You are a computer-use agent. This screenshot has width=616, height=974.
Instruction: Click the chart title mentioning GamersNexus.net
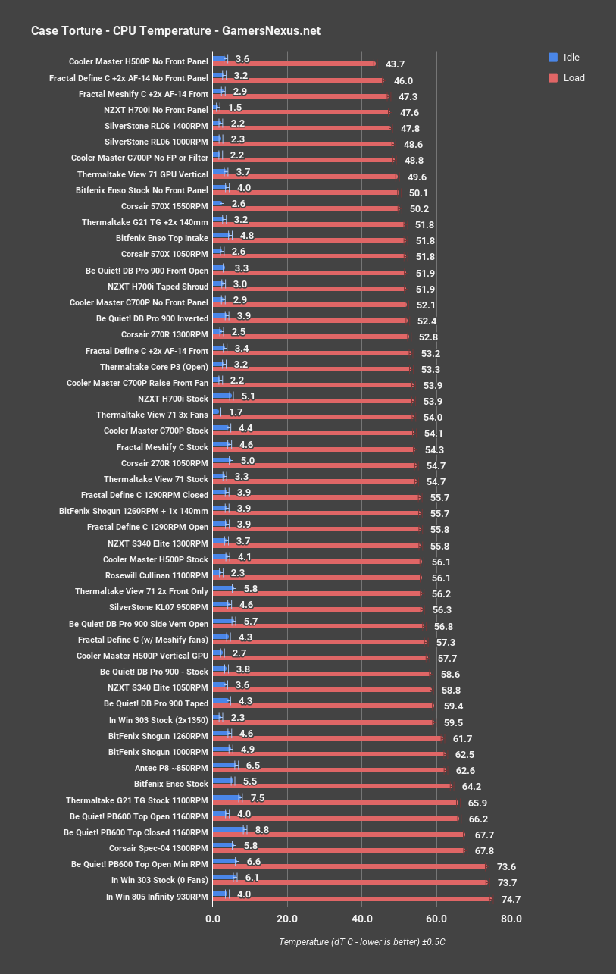coord(175,31)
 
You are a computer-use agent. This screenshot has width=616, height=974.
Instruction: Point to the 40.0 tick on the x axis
coord(361,919)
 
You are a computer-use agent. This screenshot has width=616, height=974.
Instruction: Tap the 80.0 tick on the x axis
coord(511,919)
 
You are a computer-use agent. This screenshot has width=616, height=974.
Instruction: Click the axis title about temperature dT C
coord(367,941)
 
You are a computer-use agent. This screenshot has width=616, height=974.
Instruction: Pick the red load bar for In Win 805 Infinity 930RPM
coord(352,900)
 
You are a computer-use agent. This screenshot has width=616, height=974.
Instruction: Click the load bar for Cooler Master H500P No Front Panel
coord(294,64)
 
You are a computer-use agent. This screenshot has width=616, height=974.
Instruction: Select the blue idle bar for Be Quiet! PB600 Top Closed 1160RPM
coord(230,829)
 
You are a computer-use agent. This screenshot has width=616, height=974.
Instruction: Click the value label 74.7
coord(511,900)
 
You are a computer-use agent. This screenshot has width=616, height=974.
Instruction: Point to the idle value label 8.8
coord(263,830)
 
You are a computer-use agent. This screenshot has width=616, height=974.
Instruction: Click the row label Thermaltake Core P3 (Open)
coord(154,367)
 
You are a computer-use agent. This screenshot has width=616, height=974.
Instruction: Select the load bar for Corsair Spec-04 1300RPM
coord(339,850)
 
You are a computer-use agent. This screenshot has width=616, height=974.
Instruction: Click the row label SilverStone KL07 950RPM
coord(158,607)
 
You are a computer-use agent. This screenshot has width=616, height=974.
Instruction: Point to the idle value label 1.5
coord(235,108)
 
